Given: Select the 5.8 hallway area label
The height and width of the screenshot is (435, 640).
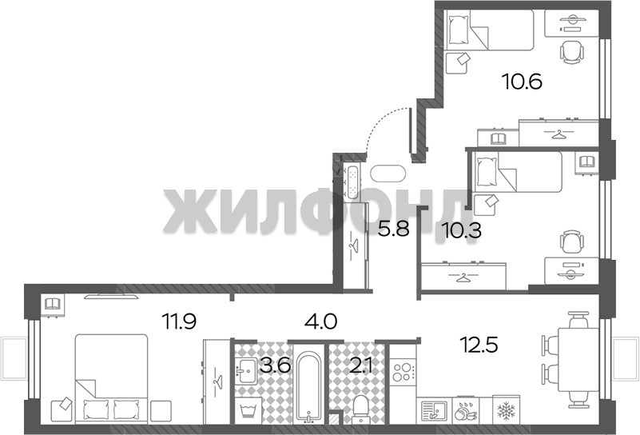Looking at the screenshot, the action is pos(393,229).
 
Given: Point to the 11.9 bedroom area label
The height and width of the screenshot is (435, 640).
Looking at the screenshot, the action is pos(180,321).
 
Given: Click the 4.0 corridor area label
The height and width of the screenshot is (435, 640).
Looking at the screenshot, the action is pos(321,321).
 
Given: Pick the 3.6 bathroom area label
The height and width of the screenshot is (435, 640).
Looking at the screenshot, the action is pos(276,365).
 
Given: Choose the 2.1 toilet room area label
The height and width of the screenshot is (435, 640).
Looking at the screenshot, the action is pos(361,365).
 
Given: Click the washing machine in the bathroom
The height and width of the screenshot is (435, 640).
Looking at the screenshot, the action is pos(248,410).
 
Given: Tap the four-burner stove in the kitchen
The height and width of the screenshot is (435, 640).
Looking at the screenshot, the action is pos(402,372).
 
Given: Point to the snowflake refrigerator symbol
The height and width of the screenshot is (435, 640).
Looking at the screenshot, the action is pos(506,409).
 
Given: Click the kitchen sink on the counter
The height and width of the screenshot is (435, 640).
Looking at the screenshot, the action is pos(435,410).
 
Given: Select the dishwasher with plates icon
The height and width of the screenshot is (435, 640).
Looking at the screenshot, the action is pos(467,410).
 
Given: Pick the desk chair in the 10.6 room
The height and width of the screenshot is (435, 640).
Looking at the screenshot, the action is pos(571,52).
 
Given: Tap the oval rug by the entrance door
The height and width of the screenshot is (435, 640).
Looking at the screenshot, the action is pos(388,174).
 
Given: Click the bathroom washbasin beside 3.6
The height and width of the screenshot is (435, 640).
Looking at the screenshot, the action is pos(246,371).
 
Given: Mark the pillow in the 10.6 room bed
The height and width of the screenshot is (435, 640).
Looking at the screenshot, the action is pos(459,29).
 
